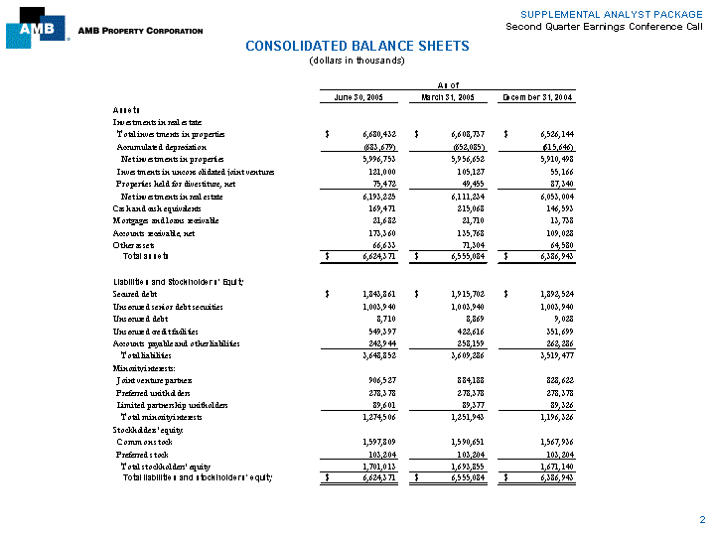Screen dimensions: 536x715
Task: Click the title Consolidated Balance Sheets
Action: [x=357, y=46]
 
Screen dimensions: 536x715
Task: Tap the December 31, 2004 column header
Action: [x=539, y=96]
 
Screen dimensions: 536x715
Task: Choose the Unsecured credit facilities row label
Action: [x=157, y=331]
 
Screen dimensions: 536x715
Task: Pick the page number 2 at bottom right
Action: [x=701, y=519]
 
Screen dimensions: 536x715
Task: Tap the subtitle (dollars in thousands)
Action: [x=357, y=61]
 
